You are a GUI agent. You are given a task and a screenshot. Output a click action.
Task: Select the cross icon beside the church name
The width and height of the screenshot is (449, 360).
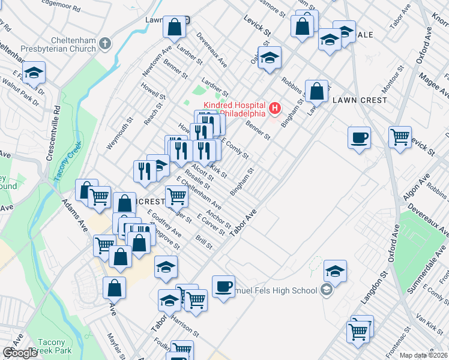[105, 43]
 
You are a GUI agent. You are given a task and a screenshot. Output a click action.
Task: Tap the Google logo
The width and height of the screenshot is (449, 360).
[19, 353]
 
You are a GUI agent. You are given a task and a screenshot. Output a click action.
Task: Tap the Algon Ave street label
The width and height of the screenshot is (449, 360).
[418, 186]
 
